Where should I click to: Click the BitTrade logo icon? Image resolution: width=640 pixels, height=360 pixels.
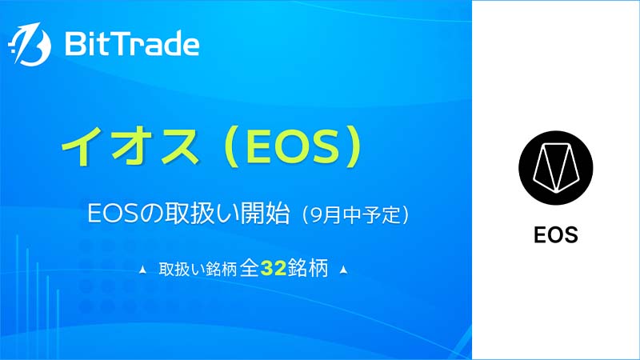coord(30,44)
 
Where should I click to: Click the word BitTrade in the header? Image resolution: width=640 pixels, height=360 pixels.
coord(132,44)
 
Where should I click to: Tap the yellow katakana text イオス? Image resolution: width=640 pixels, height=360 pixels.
coord(130,146)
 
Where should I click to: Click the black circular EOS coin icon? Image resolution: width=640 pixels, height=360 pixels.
coord(555,168)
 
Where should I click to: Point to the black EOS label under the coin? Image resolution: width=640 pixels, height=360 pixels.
coord(555,235)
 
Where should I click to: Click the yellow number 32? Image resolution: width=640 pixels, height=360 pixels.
coord(274,269)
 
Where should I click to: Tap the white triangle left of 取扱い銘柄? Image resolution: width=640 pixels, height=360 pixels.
coord(143,270)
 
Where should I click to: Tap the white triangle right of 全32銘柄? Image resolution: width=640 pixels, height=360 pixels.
coord(344,270)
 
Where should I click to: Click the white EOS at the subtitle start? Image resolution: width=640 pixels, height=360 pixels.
coord(113,214)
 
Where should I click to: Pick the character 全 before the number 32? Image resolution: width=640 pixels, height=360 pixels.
coord(250,268)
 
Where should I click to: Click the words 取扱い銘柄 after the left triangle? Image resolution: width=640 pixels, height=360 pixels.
coord(198,270)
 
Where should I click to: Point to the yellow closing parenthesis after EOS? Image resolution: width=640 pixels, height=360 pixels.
coord(353,146)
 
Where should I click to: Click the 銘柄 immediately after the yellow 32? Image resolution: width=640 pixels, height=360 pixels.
coord(308,268)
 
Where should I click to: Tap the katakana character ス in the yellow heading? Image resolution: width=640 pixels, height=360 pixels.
coord(179,146)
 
